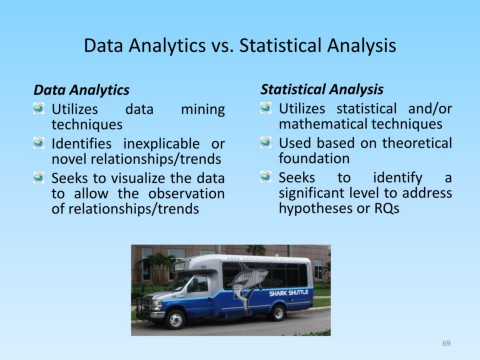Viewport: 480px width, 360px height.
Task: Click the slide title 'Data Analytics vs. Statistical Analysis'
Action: (240, 46)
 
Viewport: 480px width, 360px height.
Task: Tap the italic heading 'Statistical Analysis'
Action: (321, 89)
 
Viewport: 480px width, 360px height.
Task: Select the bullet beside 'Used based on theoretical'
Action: (265, 142)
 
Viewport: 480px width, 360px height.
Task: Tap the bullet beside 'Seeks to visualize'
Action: (38, 178)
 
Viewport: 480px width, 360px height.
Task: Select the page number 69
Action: (447, 343)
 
